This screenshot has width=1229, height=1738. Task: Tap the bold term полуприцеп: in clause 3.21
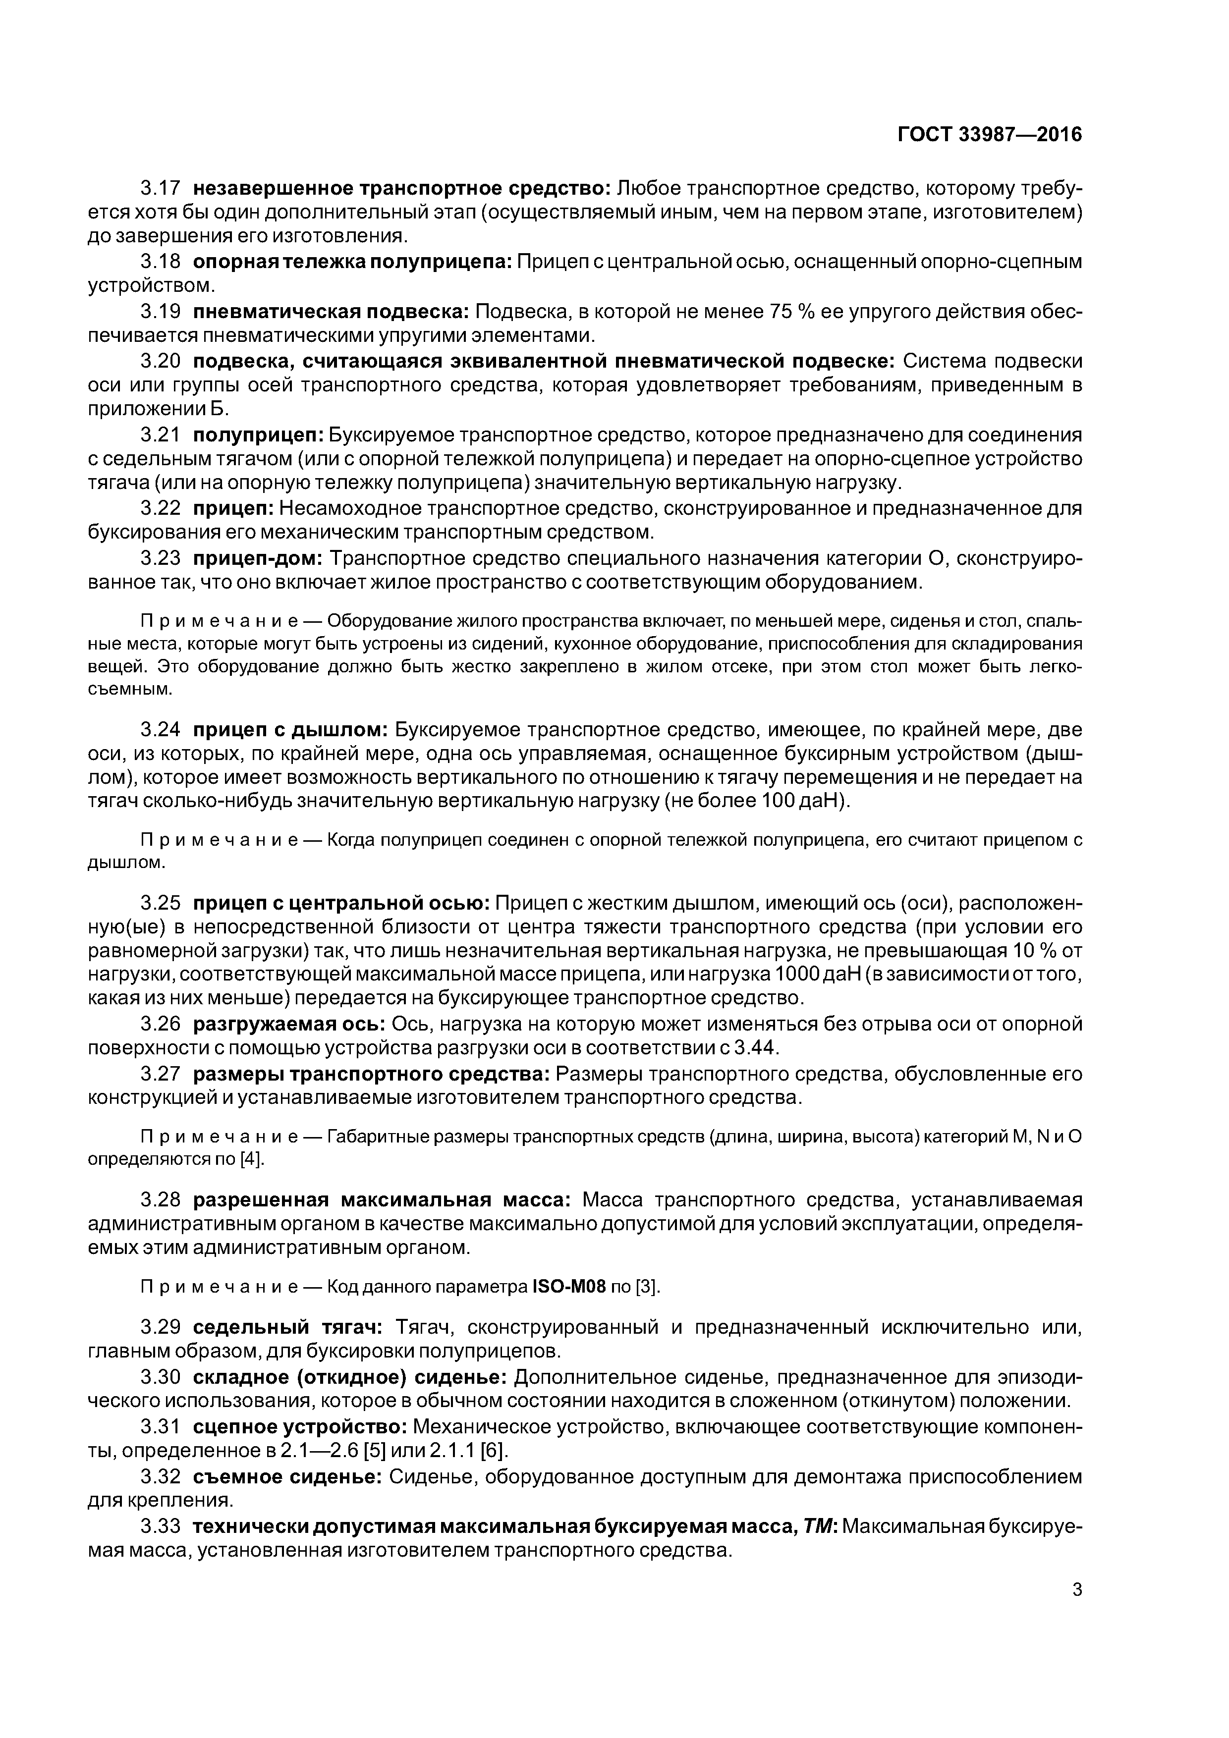point(258,435)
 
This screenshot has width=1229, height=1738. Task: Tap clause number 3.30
point(161,1378)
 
